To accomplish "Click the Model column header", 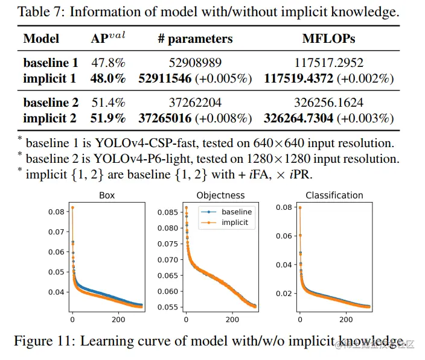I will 41,39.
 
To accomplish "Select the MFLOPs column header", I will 328,39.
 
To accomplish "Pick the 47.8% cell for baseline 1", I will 108,62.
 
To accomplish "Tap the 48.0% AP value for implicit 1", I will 108,78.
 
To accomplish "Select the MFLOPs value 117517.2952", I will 328,62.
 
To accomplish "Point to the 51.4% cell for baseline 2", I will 108,102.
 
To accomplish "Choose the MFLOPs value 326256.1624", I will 328,102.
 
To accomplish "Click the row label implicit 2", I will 50,118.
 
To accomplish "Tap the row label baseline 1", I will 51,62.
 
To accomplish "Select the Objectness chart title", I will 221,195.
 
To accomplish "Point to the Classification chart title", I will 334,195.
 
